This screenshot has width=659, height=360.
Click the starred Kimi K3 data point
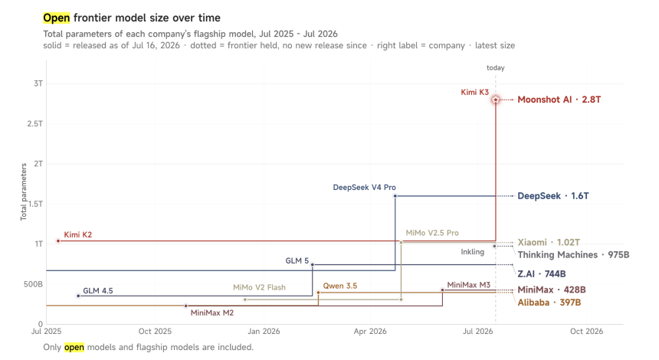click(x=496, y=100)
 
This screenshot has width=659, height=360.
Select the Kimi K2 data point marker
click(x=58, y=241)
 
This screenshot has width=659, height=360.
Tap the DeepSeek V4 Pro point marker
click(x=395, y=196)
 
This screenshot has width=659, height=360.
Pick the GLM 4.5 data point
click(x=78, y=296)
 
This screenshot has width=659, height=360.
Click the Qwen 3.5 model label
click(x=340, y=286)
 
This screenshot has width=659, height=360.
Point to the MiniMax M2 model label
click(x=211, y=313)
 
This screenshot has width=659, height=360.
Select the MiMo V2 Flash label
click(x=259, y=287)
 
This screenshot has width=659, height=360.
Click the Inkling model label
click(x=472, y=252)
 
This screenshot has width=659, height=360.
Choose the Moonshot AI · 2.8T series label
click(x=559, y=100)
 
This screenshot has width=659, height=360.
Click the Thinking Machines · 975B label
click(x=573, y=254)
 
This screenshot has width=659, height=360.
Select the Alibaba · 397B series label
click(x=549, y=303)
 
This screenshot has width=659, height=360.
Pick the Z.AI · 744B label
click(x=541, y=274)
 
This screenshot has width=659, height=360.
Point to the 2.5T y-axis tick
click(x=35, y=123)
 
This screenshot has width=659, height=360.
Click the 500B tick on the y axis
click(x=33, y=284)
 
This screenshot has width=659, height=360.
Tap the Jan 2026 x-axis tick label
click(x=264, y=332)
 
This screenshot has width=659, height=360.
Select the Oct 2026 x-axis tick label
click(x=586, y=332)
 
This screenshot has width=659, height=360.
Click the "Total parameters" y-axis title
click(x=24, y=192)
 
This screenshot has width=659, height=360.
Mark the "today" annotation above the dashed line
click(x=496, y=67)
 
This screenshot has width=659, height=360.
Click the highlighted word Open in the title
click(x=56, y=18)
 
